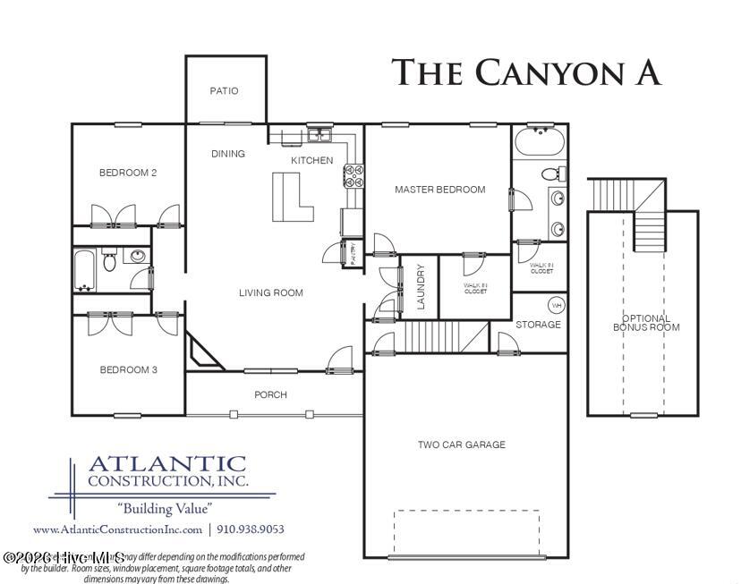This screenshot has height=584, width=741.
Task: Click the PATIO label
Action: pyautogui.click(x=224, y=90)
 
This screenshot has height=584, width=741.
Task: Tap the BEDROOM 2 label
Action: pyautogui.click(x=128, y=173)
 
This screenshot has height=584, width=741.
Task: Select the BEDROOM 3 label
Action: pyautogui.click(x=128, y=369)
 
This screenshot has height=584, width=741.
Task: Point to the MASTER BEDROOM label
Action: pyautogui.click(x=440, y=190)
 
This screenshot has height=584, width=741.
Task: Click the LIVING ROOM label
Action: pyautogui.click(x=270, y=292)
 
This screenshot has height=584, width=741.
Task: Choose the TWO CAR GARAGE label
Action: pyautogui.click(x=462, y=444)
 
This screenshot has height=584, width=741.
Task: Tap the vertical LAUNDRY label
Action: pyautogui.click(x=421, y=287)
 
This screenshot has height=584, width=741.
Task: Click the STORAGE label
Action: pyautogui.click(x=538, y=325)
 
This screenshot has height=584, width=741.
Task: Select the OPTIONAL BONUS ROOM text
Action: pyautogui.click(x=645, y=323)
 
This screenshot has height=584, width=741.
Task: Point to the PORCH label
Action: pyautogui.click(x=270, y=394)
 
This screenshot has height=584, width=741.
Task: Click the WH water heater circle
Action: pyautogui.click(x=555, y=303)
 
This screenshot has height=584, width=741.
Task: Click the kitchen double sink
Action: pyautogui.click(x=319, y=136)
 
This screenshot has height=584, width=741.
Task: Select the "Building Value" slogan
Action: pyautogui.click(x=166, y=507)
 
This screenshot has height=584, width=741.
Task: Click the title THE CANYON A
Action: pyautogui.click(x=526, y=73)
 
